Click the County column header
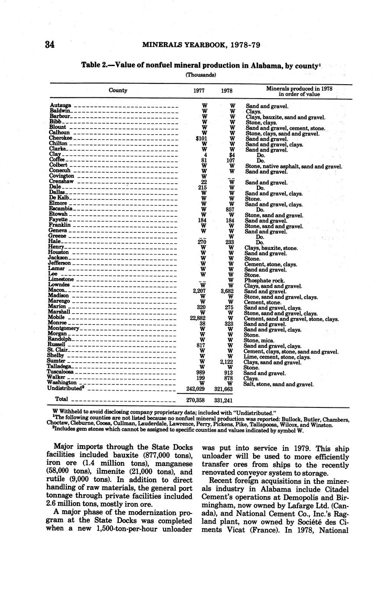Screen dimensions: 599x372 coord(118,90)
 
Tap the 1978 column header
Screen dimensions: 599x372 coord(226,91)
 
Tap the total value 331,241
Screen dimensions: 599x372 coord(223,400)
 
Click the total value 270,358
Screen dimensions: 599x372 coord(196,400)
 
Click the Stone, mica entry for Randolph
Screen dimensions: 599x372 coord(259,341)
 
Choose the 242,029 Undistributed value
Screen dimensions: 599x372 coord(196,389)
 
